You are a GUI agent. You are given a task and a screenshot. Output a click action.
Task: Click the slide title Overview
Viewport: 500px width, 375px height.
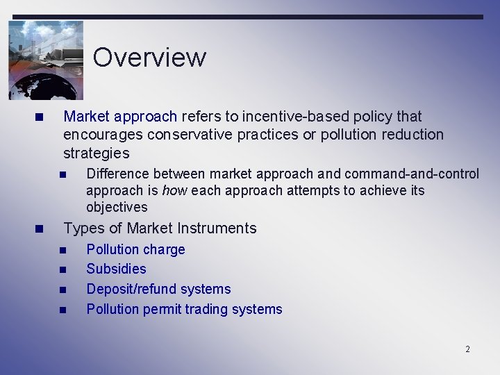(x=149, y=57)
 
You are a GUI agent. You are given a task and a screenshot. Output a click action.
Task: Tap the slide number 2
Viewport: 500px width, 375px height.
(x=467, y=349)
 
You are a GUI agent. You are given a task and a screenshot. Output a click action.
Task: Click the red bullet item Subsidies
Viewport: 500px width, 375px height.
(x=116, y=269)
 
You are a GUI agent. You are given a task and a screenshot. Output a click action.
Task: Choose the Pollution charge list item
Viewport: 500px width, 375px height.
(x=135, y=249)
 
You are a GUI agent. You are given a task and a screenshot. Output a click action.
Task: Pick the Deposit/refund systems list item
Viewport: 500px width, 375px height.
(x=158, y=289)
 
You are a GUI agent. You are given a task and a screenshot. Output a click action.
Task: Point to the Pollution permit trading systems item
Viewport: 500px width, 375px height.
(x=184, y=309)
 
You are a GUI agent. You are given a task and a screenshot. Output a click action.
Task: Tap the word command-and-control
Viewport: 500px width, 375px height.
(x=412, y=174)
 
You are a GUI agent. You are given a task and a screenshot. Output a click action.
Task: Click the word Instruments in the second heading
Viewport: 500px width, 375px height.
(x=217, y=228)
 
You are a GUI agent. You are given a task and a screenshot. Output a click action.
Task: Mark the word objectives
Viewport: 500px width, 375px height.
(x=117, y=207)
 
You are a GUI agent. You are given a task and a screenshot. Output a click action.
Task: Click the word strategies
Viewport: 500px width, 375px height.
(x=96, y=153)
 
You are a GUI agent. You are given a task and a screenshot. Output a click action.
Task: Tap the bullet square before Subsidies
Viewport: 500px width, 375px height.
(x=62, y=269)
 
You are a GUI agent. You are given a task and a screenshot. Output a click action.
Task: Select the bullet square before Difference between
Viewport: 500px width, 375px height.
(x=62, y=174)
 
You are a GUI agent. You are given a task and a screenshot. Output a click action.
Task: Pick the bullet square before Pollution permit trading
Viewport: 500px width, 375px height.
(x=62, y=310)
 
